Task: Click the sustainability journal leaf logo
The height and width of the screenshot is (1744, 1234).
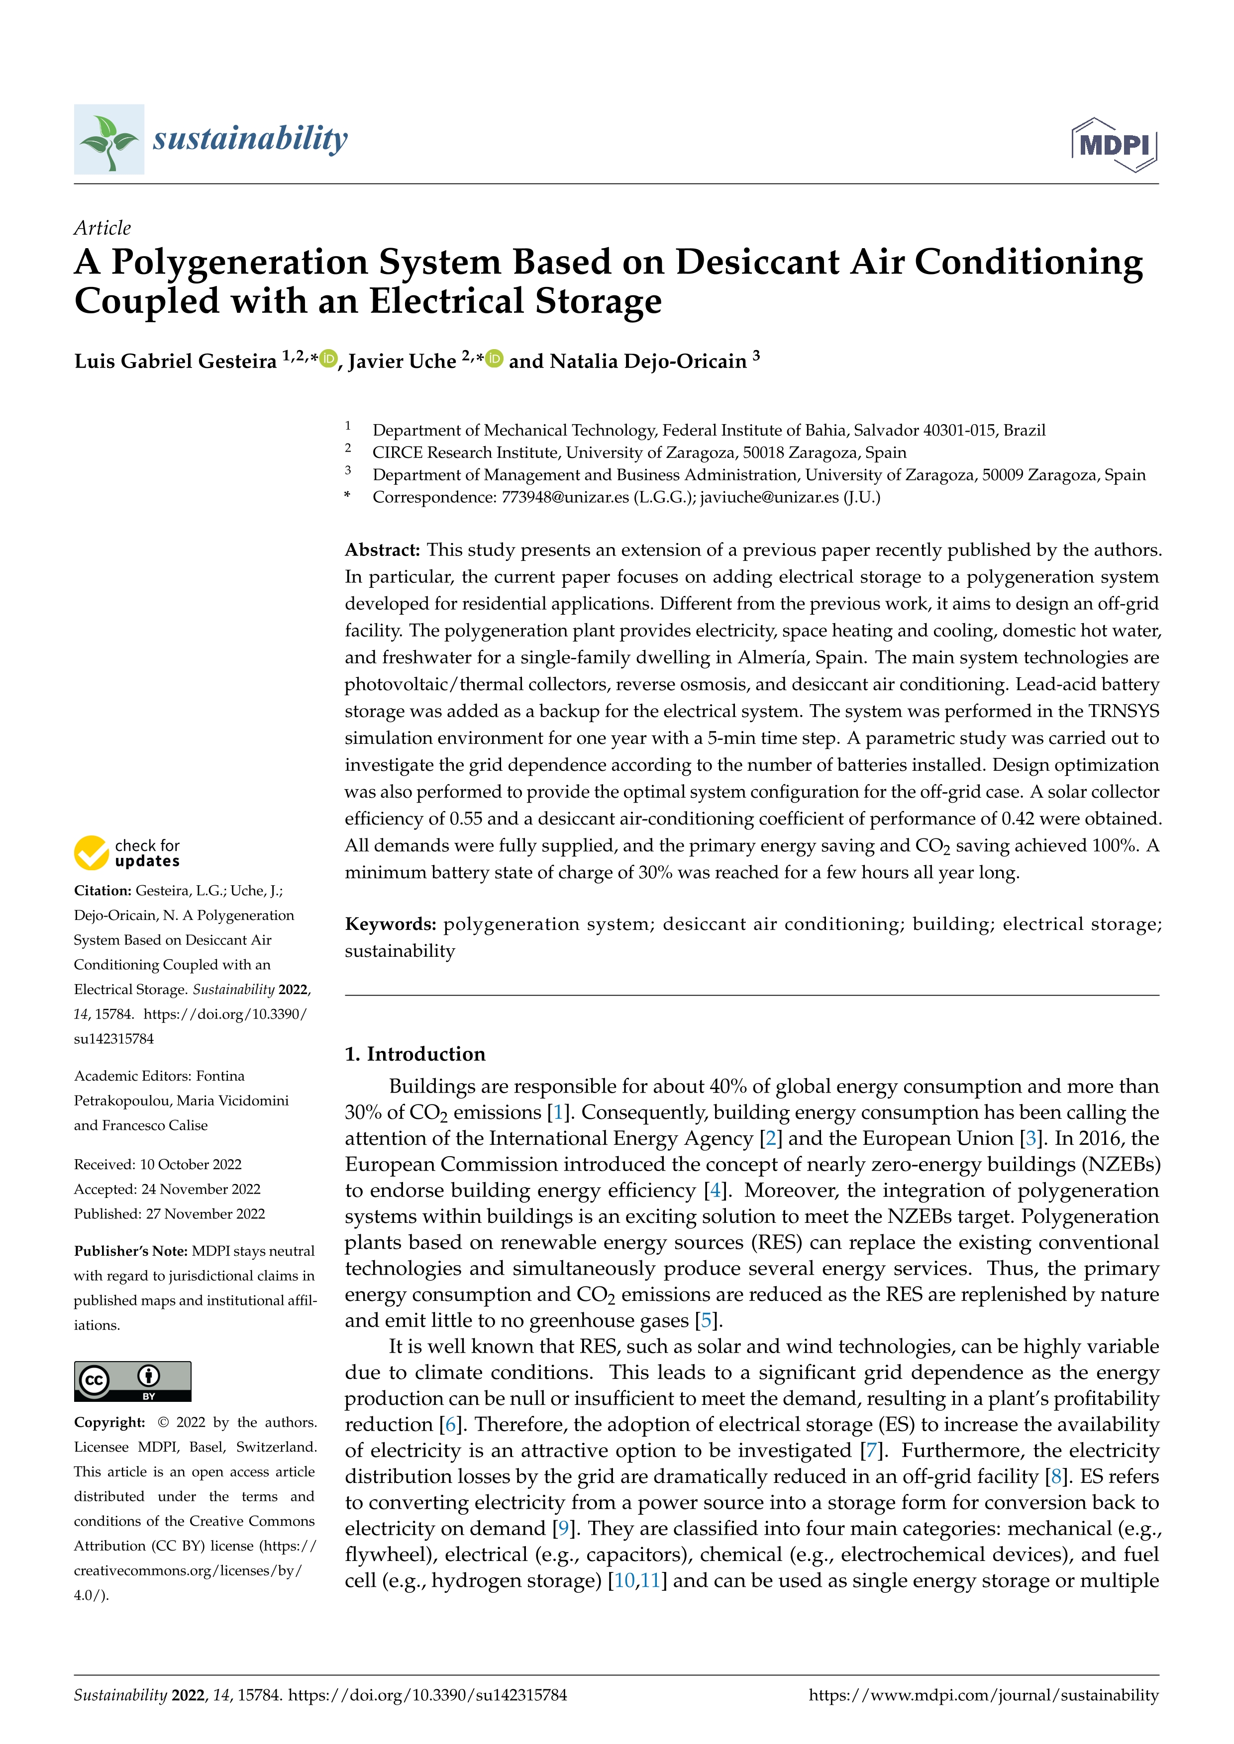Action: (108, 140)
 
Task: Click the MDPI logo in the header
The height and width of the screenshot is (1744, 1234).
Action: (1114, 144)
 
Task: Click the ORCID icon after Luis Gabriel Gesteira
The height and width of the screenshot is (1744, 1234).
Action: (328, 359)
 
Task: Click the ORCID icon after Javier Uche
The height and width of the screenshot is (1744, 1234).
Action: (495, 359)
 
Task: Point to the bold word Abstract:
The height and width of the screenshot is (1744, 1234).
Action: (382, 550)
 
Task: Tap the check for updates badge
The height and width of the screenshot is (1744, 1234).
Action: (127, 853)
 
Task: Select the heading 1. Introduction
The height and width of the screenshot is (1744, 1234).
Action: (415, 1054)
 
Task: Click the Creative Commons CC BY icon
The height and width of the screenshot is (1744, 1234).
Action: (132, 1381)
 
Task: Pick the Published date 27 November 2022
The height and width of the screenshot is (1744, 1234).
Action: (205, 1214)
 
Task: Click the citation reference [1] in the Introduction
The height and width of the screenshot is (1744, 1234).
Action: (558, 1113)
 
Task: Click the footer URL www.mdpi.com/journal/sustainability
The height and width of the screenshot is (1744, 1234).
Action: (983, 1695)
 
